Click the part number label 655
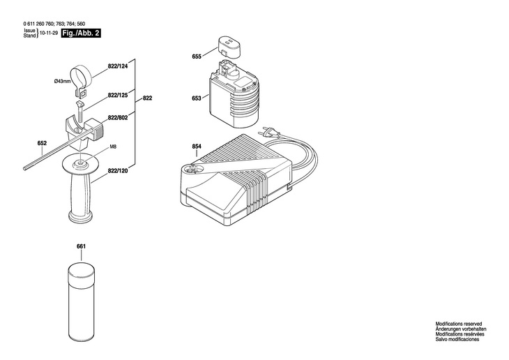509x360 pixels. [x=197, y=55]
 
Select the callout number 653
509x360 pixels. [x=197, y=98]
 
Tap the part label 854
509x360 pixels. [x=197, y=146]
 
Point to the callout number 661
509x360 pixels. [x=81, y=247]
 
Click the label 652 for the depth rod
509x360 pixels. [x=42, y=144]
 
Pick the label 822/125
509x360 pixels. [x=118, y=94]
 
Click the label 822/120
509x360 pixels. [x=118, y=171]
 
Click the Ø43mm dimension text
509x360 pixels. [x=63, y=82]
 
